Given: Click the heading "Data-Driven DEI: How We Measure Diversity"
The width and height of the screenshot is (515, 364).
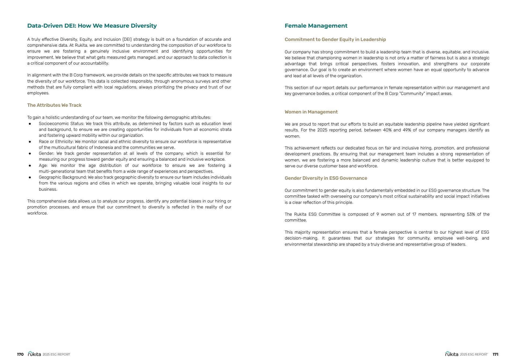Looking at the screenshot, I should click(x=92, y=26).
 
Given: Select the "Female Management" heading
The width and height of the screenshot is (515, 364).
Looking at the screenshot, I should click(x=316, y=26).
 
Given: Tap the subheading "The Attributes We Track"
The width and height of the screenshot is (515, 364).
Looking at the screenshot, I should click(x=54, y=105).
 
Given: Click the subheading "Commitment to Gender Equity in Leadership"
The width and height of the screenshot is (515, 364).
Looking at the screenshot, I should click(x=335, y=39).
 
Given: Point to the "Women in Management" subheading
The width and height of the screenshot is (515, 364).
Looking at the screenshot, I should click(x=311, y=112).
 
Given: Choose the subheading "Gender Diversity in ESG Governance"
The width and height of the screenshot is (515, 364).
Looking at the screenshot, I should click(x=326, y=178).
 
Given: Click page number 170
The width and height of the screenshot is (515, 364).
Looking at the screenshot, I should click(x=20, y=354).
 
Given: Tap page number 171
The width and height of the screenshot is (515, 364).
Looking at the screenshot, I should click(x=495, y=354).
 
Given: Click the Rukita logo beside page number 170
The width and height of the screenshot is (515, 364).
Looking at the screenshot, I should click(x=34, y=354).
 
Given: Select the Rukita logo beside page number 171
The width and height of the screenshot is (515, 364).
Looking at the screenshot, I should click(x=452, y=354).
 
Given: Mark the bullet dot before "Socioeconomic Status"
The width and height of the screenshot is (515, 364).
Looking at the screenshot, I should click(x=30, y=124).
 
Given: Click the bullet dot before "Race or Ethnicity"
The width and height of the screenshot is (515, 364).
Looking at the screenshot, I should click(x=30, y=142).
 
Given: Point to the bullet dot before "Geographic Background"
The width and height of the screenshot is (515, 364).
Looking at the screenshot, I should click(x=30, y=177).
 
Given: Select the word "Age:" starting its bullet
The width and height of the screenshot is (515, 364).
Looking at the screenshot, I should click(x=43, y=166).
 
